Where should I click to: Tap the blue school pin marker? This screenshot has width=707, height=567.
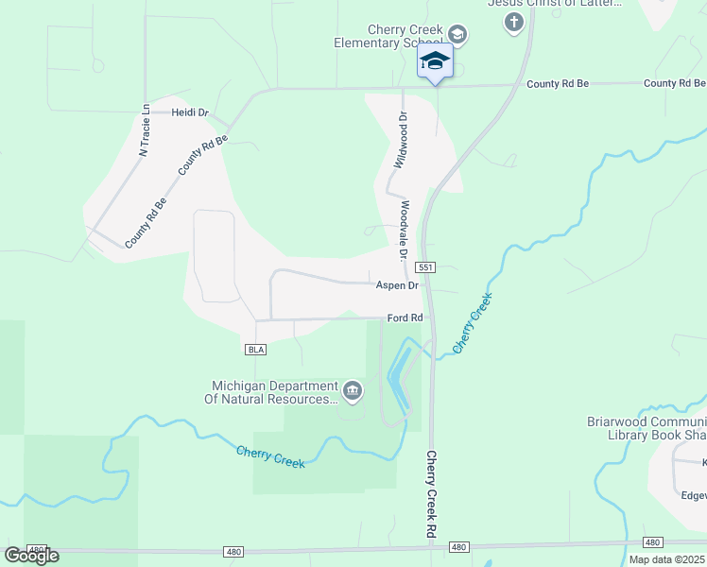click(x=435, y=62)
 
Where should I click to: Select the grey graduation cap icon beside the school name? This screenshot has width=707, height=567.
click(x=457, y=35)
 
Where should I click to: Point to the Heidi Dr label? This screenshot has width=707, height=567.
click(x=190, y=112)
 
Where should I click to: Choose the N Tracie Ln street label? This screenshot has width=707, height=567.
click(x=145, y=129)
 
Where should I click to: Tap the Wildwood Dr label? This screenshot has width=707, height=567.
click(x=400, y=140)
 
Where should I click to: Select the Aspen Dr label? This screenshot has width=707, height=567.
click(x=397, y=284)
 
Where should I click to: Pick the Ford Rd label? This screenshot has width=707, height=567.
click(x=404, y=318)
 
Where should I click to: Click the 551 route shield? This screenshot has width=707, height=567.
click(x=425, y=268)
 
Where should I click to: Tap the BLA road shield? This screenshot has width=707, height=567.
click(x=255, y=350)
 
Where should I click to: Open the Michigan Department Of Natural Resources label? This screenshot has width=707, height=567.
click(x=273, y=392)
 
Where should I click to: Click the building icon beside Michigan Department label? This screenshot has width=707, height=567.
click(x=353, y=389)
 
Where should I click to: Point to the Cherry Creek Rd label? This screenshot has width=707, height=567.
click(x=432, y=494)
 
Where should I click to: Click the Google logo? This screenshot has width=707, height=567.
click(x=31, y=555)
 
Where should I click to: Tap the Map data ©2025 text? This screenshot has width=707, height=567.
click(x=665, y=559)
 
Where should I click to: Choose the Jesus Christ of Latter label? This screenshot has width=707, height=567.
click(x=554, y=4)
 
